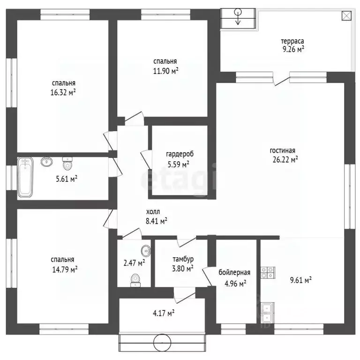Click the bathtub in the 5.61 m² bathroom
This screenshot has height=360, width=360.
(25, 177)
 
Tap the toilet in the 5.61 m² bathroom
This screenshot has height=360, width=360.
(67, 164)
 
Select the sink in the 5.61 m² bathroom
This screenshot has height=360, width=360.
(46, 162)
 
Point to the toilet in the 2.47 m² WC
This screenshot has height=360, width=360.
(135, 280)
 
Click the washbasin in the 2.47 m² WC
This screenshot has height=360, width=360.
(146, 251)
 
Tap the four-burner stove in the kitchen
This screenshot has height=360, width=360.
(268, 273)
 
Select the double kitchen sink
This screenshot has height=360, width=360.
(268, 313)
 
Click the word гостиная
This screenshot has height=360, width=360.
(282, 150)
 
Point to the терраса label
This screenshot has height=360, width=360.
(292, 41)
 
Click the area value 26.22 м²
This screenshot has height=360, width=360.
(285, 159)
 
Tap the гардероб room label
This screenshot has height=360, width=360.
(180, 154)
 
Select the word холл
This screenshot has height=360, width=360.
(153, 212)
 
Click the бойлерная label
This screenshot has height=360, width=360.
(234, 272)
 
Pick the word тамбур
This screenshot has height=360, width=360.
(183, 259)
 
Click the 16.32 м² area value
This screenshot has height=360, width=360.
(63, 92)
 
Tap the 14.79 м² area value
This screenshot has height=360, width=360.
(65, 269)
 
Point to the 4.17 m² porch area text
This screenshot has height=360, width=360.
(164, 313)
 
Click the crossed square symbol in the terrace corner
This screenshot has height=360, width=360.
(346, 16)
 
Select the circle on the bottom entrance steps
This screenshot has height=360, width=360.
(162, 342)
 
